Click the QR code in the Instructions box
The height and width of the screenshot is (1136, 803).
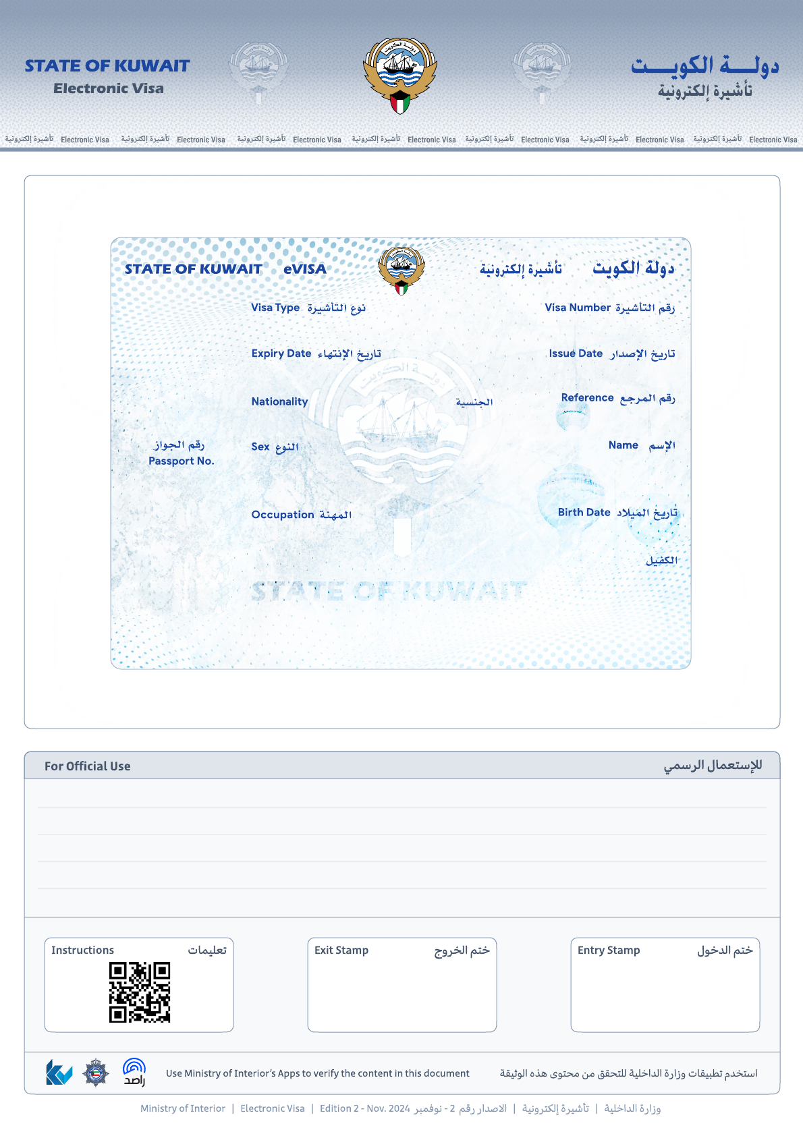140,992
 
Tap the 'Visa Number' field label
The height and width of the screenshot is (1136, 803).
578,308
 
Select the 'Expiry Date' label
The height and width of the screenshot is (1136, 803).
281,353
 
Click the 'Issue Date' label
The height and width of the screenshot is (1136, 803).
576,353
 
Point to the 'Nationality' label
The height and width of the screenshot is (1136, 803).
279,401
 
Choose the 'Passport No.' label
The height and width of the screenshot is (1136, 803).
182,461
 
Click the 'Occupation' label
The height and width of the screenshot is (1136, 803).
283,515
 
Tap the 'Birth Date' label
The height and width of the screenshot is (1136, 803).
584,513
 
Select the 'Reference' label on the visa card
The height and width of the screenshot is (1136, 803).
587,398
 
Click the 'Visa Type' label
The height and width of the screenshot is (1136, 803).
275,308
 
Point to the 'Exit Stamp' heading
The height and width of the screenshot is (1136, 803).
341,950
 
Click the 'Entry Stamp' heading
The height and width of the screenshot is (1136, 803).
609,950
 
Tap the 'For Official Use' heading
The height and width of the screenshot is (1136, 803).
88,766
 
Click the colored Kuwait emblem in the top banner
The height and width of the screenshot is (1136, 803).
400,74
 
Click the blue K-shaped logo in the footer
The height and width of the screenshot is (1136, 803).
59,1072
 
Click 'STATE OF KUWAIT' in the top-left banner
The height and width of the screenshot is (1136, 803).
107,66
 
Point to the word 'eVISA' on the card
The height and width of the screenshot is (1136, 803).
305,269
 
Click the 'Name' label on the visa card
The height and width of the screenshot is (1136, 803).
623,445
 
